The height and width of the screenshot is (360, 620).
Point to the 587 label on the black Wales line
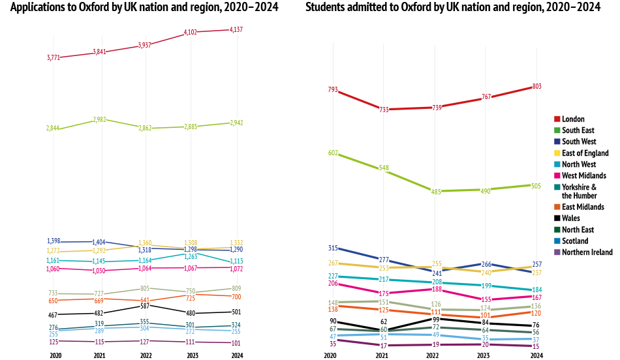[145, 306]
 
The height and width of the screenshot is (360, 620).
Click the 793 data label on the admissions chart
[333, 90]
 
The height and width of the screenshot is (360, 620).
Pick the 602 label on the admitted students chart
[333, 153]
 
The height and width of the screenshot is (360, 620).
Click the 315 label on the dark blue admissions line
[333, 248]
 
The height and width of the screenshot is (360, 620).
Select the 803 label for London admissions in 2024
[536, 86]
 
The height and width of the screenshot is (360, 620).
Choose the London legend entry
[573, 119]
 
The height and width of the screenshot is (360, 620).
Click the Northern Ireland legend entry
[587, 252]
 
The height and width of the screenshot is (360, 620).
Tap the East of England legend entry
[585, 153]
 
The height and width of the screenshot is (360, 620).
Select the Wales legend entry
[571, 218]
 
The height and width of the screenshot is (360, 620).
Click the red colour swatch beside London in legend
[557, 119]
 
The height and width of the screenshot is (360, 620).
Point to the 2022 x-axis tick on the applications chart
[145, 355]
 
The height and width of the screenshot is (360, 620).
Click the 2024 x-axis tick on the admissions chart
[536, 355]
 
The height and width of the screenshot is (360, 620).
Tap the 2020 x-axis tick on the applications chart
[55, 355]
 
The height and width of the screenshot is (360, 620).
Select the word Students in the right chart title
[328, 8]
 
